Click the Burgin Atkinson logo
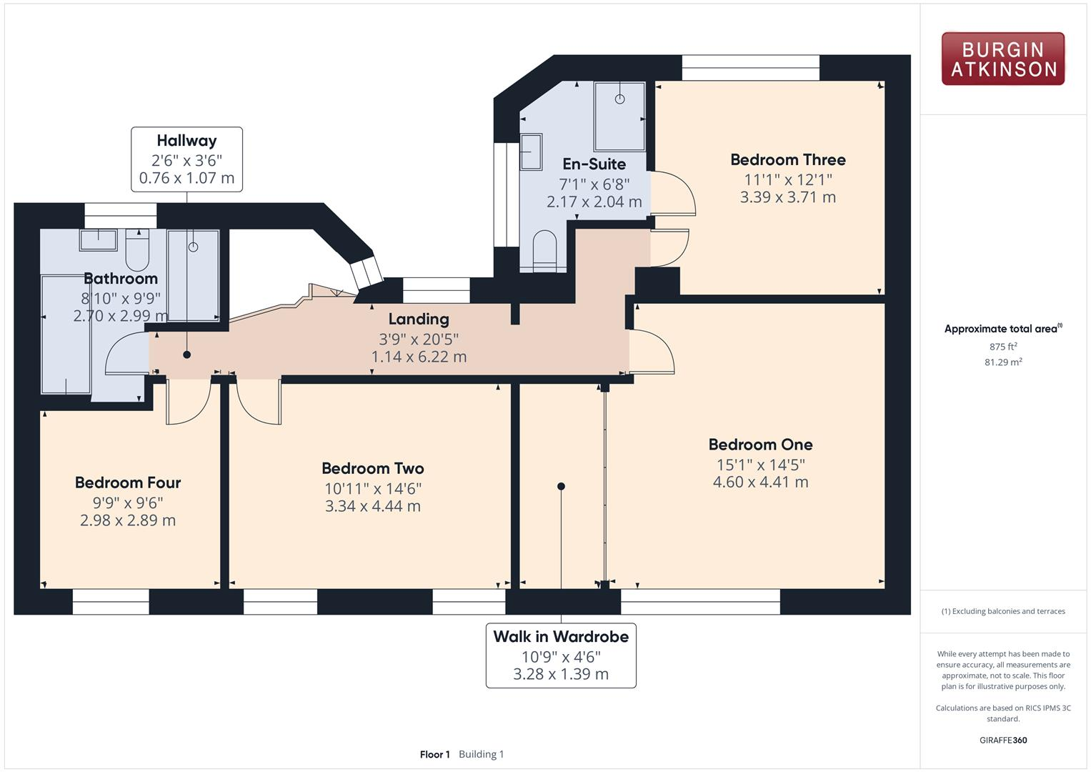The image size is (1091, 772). pos(1002,59)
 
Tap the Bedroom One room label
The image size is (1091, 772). pos(760,445)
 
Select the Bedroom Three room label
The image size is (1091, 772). pos(787,160)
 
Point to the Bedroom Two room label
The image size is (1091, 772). pos(372,469)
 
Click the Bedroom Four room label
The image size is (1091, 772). pos(128,483)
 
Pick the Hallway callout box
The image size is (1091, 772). pos(186,159)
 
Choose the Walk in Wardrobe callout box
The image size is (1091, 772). pos(561,655)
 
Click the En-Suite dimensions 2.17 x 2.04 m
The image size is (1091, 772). pos(594,202)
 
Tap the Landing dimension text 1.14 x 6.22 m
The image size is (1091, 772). pos(419,357)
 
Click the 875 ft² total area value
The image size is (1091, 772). pos(1003,347)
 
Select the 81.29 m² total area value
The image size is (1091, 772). pos(1003,362)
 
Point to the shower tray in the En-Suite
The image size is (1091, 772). pos(619,116)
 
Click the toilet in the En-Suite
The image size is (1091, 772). pos(544,249)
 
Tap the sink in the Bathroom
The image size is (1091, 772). pos(98,239)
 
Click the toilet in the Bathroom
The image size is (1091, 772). pos(137,247)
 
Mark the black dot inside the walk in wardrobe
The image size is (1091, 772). pos(561,486)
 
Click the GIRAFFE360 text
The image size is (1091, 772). pos(1003,741)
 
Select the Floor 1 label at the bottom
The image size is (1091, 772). pos(434,754)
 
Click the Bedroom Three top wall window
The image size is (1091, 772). pos(750,69)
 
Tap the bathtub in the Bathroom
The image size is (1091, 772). pos(66,335)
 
